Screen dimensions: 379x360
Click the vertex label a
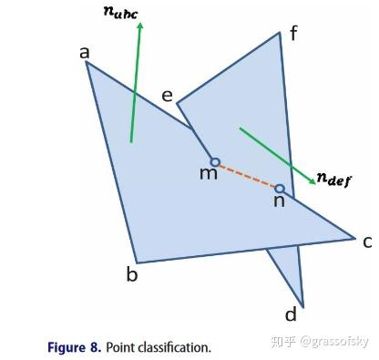[x=84, y=53]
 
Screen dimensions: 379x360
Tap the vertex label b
[x=132, y=274]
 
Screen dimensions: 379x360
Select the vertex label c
[x=366, y=242]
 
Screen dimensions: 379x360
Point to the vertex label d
[x=292, y=314]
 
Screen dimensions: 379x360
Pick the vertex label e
[x=167, y=95]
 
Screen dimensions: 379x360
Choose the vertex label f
[x=293, y=34]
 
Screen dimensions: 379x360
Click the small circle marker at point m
[x=215, y=162]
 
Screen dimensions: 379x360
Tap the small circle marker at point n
[x=280, y=190]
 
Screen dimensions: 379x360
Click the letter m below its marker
[x=209, y=173]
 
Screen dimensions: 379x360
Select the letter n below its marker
[x=279, y=201]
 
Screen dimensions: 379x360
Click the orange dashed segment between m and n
[x=247, y=176]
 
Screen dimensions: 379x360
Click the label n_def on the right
[x=343, y=180]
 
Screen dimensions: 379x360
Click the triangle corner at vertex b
[x=138, y=262]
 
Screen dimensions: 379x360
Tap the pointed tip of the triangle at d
[x=302, y=306]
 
